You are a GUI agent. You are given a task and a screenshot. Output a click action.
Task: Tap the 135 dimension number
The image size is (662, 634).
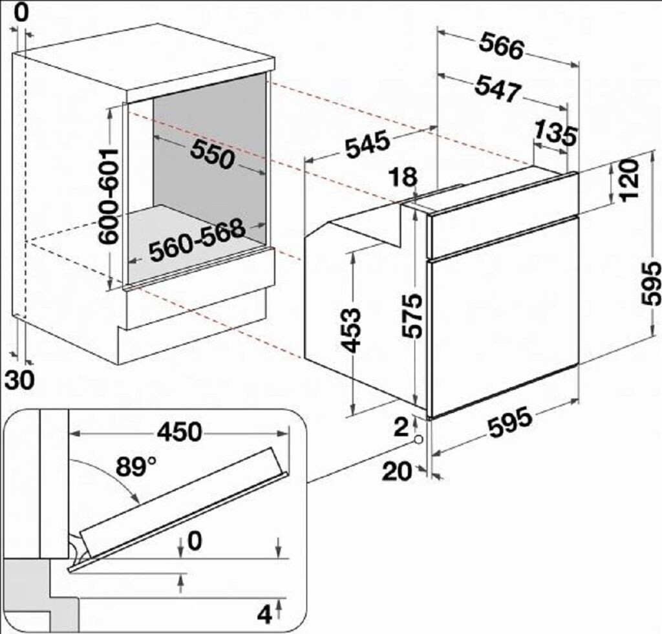(x=555, y=133)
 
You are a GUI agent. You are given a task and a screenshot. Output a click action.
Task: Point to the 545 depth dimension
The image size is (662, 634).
(x=367, y=144)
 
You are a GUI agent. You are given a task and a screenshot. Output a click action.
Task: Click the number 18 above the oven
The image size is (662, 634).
(x=403, y=176)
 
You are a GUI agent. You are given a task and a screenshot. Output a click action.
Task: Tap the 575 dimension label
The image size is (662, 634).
(x=412, y=316)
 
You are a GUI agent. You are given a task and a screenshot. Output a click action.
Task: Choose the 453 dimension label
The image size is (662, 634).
(x=351, y=330)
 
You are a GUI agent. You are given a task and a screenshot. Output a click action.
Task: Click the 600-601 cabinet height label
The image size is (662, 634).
(x=108, y=196)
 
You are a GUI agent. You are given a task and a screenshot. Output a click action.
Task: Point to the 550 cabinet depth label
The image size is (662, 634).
(x=212, y=154)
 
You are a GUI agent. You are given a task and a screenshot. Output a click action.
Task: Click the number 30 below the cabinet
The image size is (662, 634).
(x=19, y=380)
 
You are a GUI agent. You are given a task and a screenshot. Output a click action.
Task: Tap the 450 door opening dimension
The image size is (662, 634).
(x=180, y=432)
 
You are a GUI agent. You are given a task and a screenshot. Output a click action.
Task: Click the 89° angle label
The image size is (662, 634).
(x=136, y=467)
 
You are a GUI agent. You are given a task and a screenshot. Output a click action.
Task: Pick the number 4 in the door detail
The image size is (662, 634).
(x=264, y=615)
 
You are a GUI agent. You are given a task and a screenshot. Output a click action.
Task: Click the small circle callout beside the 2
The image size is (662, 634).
(x=419, y=439)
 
